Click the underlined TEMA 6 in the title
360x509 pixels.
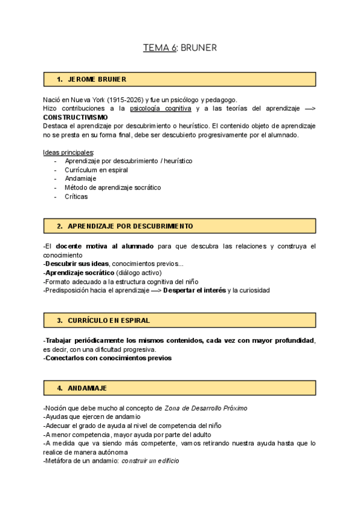[x=160, y=49]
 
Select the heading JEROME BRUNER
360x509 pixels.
[x=97, y=79]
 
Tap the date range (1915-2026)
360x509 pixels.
[x=125, y=100]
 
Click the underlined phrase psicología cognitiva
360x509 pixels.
[x=160, y=109]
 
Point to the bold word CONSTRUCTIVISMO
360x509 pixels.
[x=76, y=117]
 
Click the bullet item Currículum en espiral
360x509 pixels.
[x=96, y=170]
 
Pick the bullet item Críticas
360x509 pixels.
[x=76, y=196]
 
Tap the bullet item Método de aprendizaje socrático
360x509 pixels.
[x=113, y=187]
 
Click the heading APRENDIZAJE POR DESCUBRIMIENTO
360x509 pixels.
[x=130, y=226]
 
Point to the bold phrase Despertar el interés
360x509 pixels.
[x=194, y=290]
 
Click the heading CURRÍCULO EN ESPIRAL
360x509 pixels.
[x=109, y=320]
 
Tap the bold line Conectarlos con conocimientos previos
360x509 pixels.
[x=108, y=358]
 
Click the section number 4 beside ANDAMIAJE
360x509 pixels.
[x=59, y=388]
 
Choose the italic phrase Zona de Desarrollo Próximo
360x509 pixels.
[x=206, y=408]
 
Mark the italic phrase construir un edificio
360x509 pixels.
[x=149, y=461]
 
